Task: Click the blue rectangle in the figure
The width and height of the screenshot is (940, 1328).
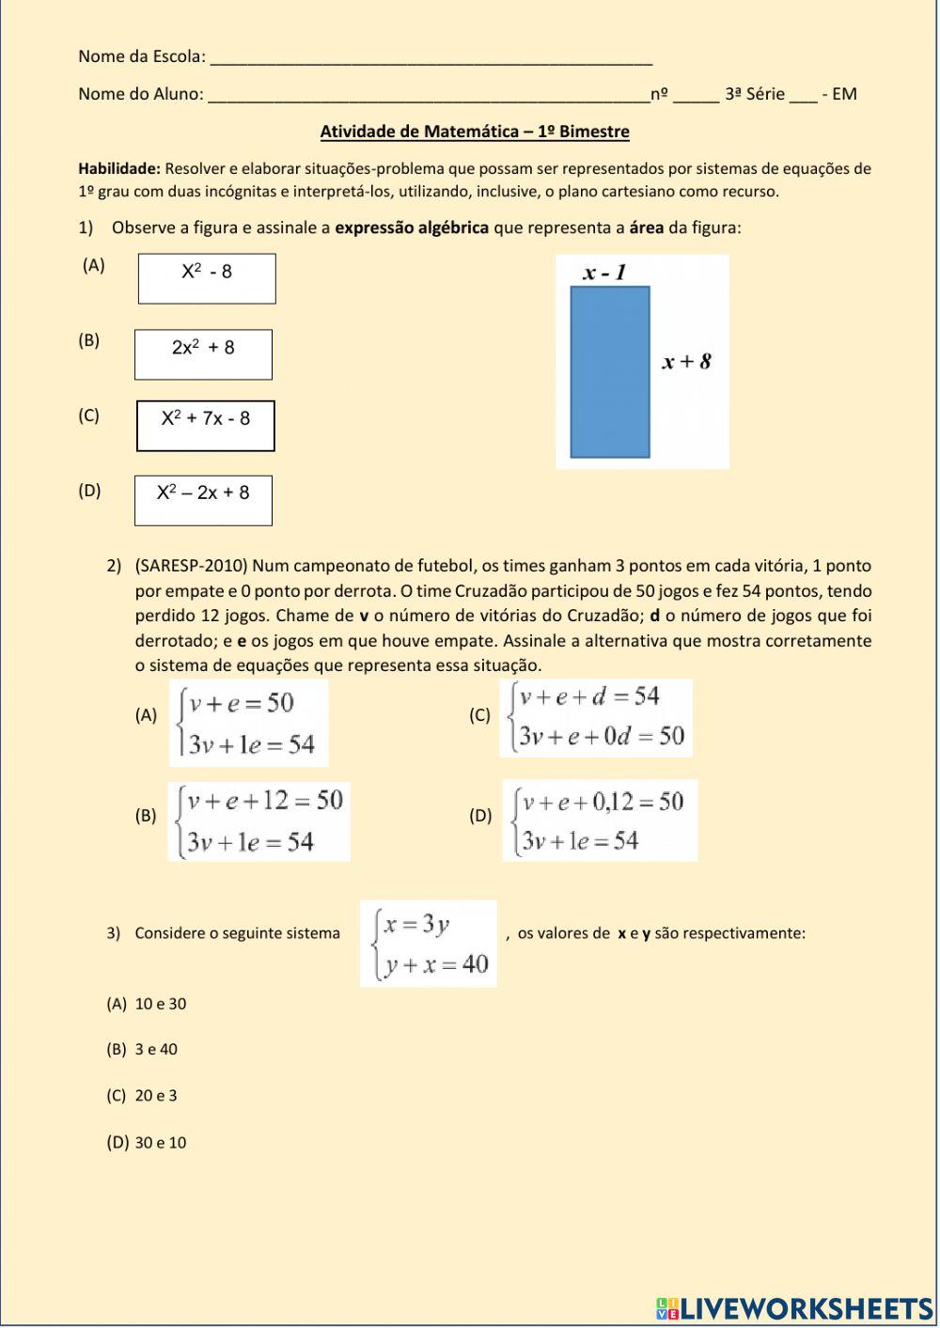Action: tap(610, 372)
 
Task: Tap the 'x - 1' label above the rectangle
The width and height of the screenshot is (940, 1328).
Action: tap(604, 273)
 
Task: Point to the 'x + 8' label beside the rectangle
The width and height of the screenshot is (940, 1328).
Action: tap(686, 361)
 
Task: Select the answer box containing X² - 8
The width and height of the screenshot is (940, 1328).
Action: tap(207, 278)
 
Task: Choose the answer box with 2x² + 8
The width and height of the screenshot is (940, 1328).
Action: tap(203, 354)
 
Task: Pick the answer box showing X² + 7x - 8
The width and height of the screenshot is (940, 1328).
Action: tap(206, 426)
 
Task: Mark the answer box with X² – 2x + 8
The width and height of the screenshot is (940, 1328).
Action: tap(203, 500)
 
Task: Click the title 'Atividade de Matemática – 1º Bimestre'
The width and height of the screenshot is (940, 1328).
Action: tap(475, 132)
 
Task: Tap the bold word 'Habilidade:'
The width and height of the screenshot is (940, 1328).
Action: tap(119, 169)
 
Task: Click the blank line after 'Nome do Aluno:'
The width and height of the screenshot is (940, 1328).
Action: tap(428, 95)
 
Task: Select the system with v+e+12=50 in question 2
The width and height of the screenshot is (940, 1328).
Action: tap(259, 821)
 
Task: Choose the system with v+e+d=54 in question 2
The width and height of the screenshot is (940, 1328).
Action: tap(596, 718)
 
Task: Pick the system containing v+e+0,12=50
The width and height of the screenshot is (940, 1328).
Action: tap(600, 820)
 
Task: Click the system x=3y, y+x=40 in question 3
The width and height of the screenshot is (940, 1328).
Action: tap(429, 943)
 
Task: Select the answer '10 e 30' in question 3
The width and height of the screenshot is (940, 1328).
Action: tap(161, 1004)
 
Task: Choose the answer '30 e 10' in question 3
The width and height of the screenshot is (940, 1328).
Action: tap(161, 1143)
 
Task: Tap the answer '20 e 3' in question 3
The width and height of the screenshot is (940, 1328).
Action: tap(156, 1096)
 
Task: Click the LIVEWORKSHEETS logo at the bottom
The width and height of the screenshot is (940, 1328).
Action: tap(794, 1308)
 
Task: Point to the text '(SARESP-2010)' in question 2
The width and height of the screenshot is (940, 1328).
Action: tap(192, 566)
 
